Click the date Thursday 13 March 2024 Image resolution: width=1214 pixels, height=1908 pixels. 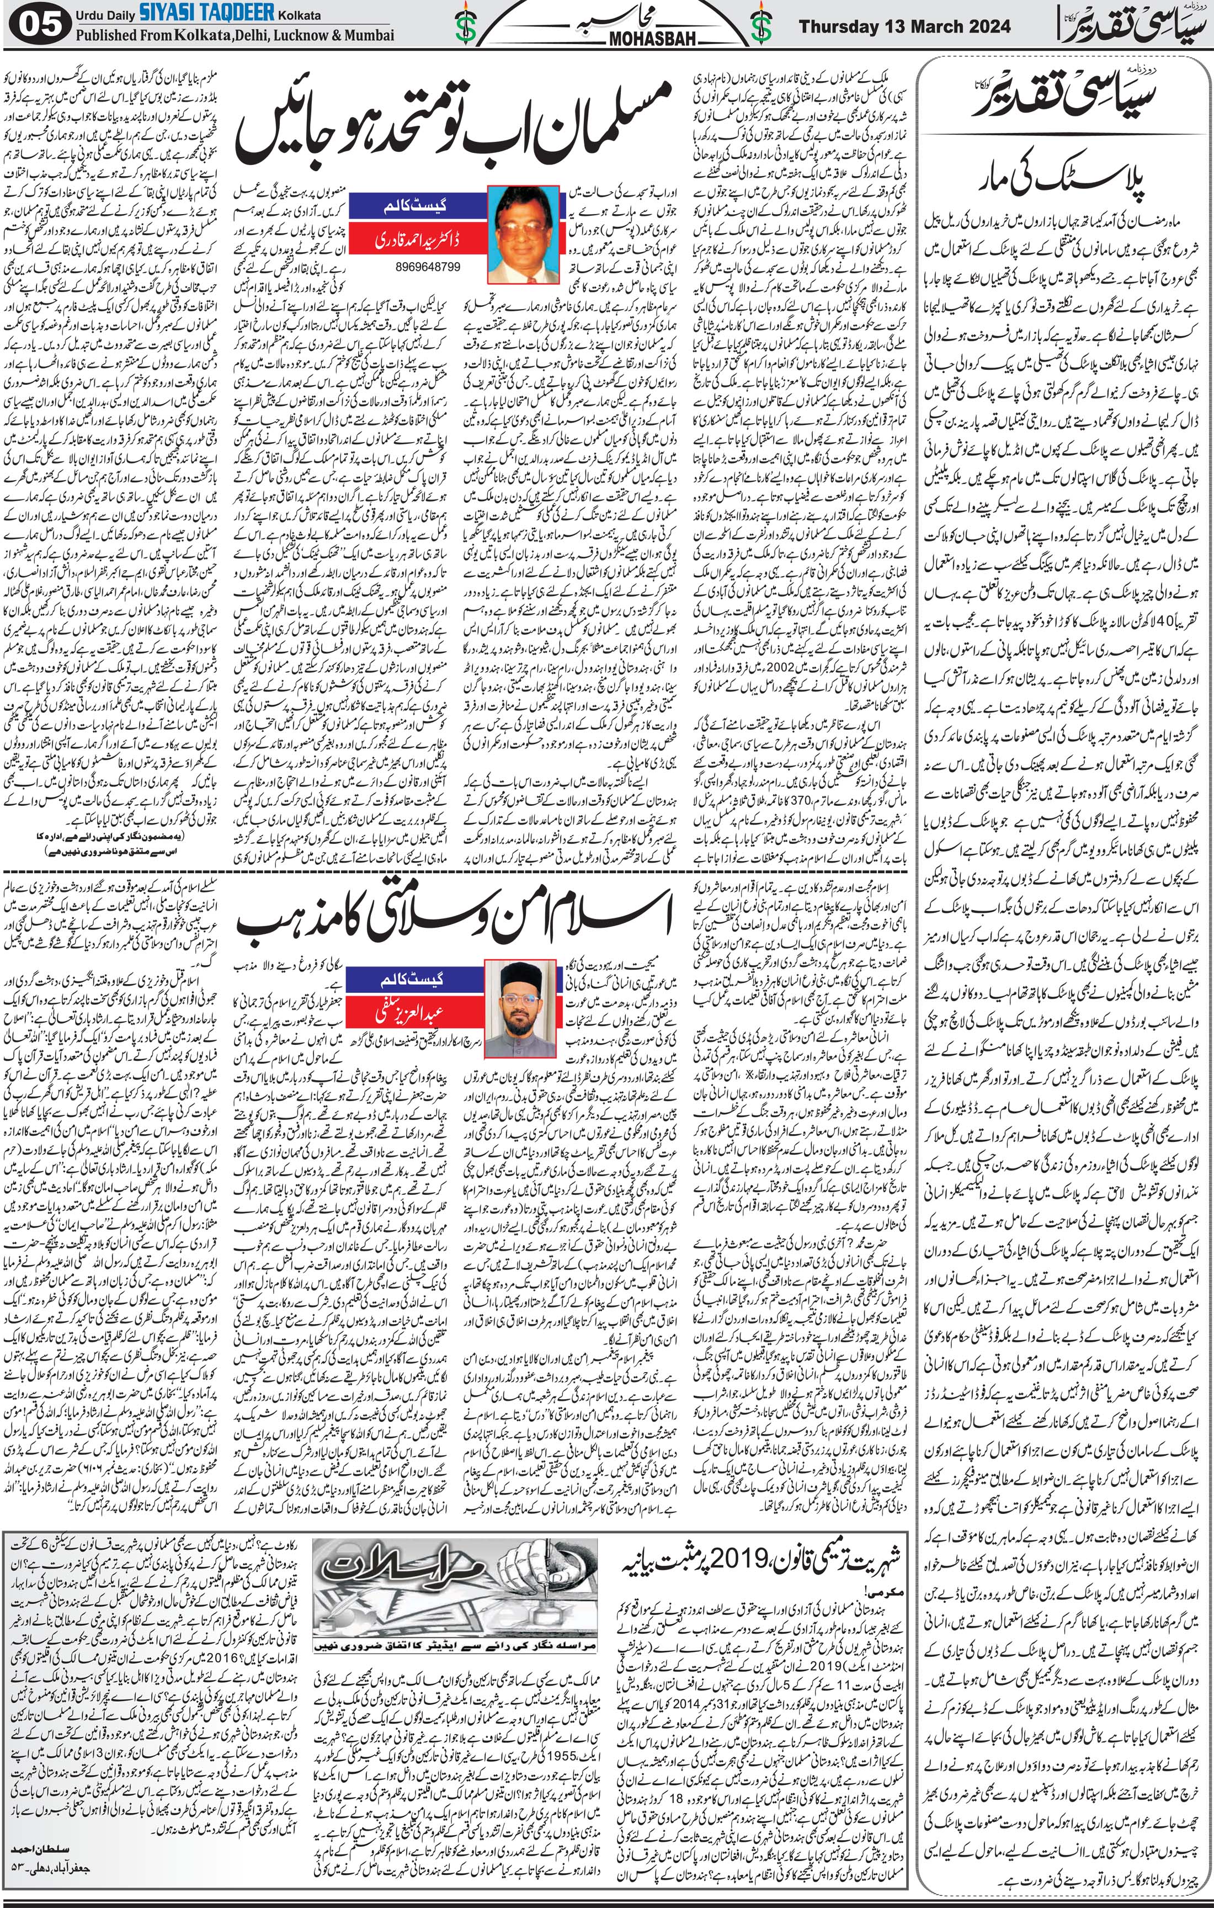pos(904,26)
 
